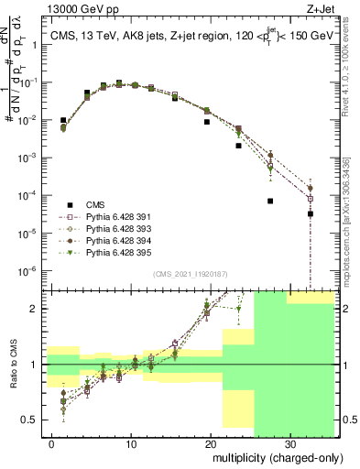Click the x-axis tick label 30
(289, 443)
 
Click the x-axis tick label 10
(132, 443)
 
